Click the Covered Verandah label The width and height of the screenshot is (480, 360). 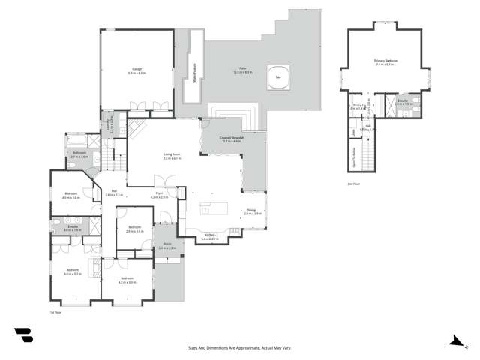click(x=232, y=139)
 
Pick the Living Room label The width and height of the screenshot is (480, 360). click(x=172, y=157)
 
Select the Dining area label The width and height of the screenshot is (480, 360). click(x=253, y=212)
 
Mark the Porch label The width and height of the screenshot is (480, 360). click(x=166, y=246)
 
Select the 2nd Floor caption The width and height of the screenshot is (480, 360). click(x=353, y=184)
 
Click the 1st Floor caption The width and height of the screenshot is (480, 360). click(x=54, y=312)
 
